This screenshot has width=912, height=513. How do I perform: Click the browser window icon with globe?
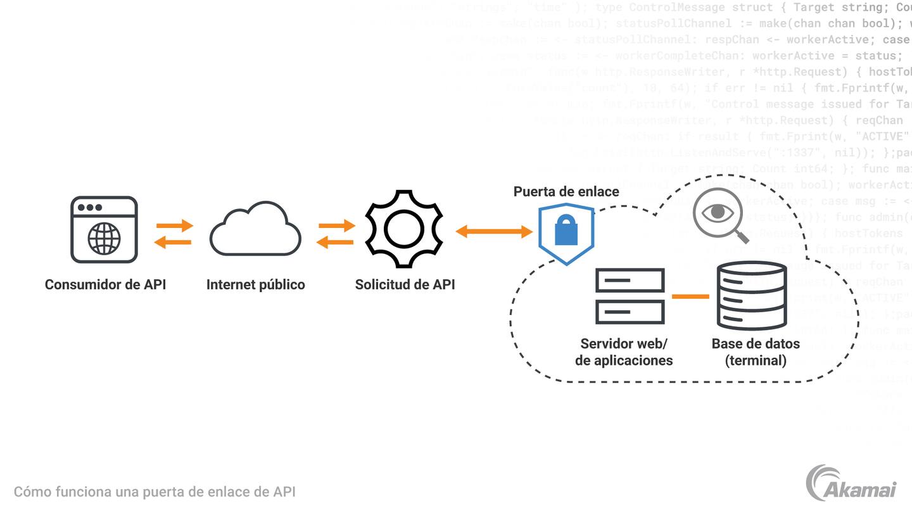[104, 229]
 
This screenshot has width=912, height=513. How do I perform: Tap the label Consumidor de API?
[105, 284]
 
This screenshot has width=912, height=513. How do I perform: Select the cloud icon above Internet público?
[255, 229]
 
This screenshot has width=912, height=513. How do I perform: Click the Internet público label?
[255, 284]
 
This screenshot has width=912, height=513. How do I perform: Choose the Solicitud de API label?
[405, 284]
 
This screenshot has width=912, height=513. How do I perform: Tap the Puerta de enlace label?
[566, 191]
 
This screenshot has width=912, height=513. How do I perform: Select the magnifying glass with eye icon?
[720, 216]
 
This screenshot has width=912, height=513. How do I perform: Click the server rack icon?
[630, 296]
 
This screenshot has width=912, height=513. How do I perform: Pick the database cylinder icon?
[751, 295]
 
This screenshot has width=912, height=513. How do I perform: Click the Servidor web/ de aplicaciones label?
[624, 352]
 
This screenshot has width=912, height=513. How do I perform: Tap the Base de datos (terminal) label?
[756, 352]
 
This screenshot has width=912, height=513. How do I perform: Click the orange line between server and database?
[690, 296]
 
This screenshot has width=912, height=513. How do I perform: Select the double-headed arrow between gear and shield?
[495, 232]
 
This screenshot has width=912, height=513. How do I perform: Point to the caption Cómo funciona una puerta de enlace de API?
[155, 491]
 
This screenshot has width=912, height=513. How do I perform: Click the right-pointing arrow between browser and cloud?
[174, 225]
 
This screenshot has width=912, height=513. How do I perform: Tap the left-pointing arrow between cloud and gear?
[336, 241]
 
